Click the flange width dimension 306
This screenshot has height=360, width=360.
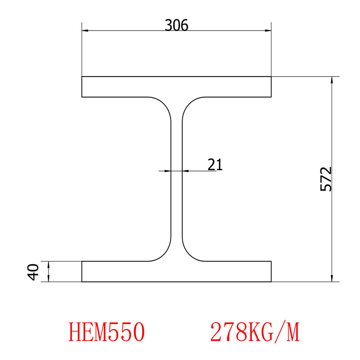click(176, 25)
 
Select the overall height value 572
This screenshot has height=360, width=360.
click(326, 179)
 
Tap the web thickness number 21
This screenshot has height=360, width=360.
click(215, 164)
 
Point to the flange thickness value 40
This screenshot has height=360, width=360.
click(33, 272)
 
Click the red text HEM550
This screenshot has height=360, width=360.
click(107, 333)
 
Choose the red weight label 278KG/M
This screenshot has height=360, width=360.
click(254, 333)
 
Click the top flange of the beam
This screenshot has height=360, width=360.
click(176, 87)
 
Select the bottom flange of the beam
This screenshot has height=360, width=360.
click(176, 271)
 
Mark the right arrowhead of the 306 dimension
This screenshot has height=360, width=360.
click(268, 31)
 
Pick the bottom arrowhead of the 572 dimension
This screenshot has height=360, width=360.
click(332, 279)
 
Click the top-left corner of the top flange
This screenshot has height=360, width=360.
click(82, 77)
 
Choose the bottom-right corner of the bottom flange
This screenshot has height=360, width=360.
click(271, 282)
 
